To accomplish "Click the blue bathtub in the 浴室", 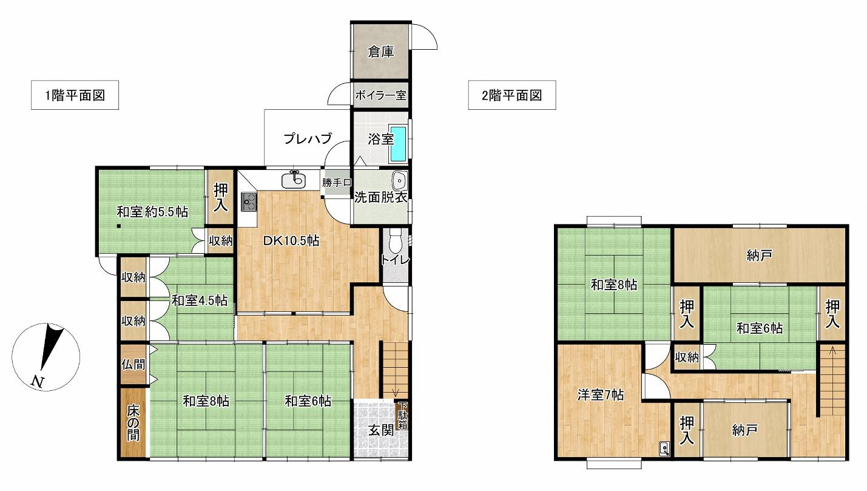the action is click(398, 144).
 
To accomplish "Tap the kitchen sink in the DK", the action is click(294, 180).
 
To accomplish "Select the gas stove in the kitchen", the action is click(249, 201).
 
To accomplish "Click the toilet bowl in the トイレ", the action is click(395, 240).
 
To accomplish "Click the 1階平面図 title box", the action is click(75, 95).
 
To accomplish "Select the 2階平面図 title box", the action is click(511, 95).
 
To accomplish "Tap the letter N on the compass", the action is click(37, 382).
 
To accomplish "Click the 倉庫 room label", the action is click(381, 52).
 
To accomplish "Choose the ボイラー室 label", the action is click(380, 95).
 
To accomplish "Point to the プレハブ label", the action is click(308, 138).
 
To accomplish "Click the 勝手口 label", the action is click(337, 182).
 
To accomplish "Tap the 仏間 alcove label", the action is click(133, 364).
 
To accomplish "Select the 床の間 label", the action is click(133, 423).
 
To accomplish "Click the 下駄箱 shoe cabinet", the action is click(402, 416).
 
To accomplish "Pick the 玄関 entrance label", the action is click(381, 430).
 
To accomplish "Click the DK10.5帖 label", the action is click(291, 241).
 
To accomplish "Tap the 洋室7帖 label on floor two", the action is click(600, 395).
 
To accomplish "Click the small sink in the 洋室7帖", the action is click(664, 449).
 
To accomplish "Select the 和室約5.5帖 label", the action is click(152, 212).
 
